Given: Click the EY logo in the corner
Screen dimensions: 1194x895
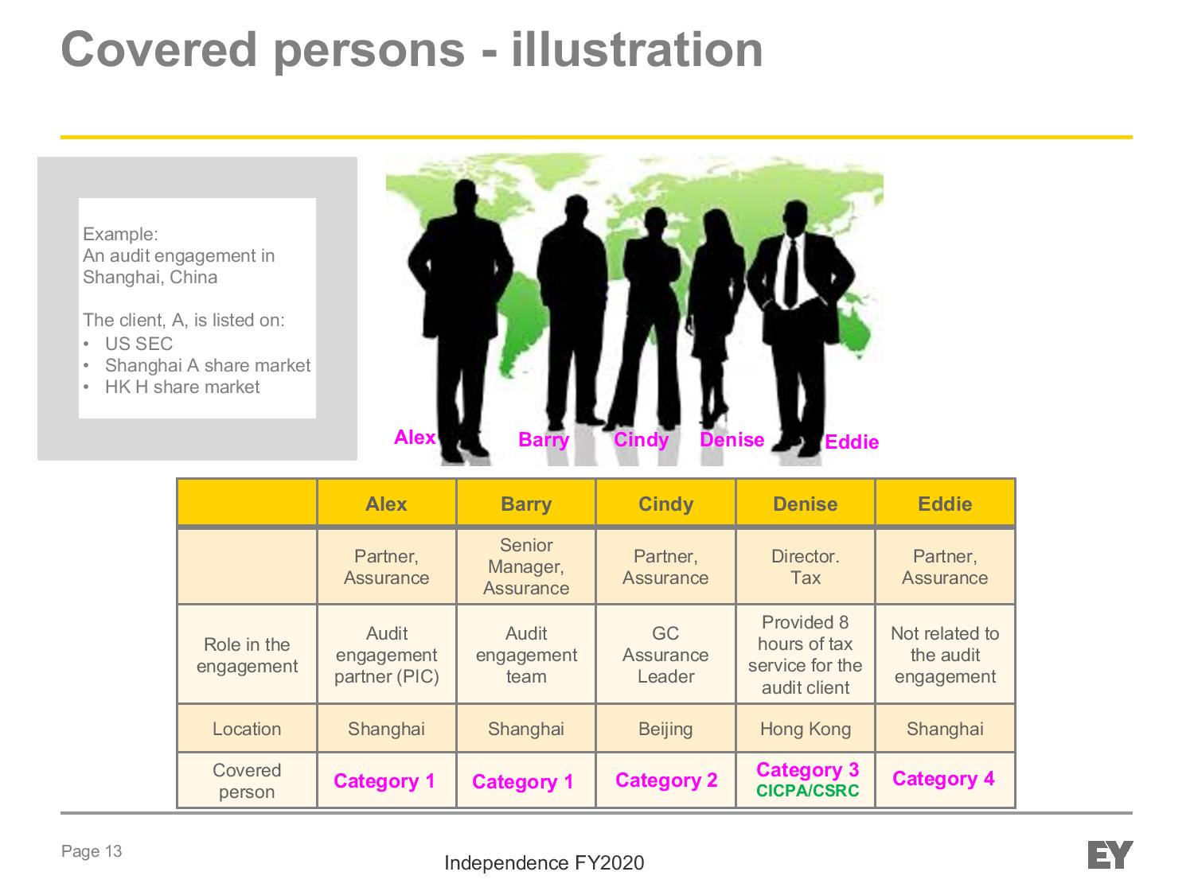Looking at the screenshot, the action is [1110, 854].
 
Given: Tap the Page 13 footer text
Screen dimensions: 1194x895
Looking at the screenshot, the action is [92, 851].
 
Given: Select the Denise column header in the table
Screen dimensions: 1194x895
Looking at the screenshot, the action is [805, 504].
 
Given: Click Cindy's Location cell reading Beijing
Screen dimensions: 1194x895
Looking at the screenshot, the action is [665, 729].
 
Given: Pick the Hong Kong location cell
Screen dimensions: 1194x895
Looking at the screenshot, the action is [805, 729].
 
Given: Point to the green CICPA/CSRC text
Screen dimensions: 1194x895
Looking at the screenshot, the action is [807, 791].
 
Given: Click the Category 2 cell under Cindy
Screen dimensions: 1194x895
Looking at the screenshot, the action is [666, 780].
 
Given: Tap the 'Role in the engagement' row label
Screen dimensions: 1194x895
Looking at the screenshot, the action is [247, 655].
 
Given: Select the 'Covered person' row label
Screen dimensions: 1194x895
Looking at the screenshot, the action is [247, 781].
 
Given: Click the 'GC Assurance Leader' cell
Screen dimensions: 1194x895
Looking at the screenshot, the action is [665, 655].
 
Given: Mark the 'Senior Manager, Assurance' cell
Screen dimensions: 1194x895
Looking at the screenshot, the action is [526, 566].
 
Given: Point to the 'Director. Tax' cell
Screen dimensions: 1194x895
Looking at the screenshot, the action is [805, 566].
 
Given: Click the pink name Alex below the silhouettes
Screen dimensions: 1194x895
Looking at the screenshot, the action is [415, 437].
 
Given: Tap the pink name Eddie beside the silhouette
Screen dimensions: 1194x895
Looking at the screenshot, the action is [851, 442].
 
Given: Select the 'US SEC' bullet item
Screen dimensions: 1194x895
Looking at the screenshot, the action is [139, 344].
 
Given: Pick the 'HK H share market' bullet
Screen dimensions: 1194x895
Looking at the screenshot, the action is [182, 387].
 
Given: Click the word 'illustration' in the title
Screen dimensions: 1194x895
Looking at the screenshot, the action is [637, 49].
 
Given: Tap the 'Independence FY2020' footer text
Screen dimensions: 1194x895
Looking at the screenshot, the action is [544, 863].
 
